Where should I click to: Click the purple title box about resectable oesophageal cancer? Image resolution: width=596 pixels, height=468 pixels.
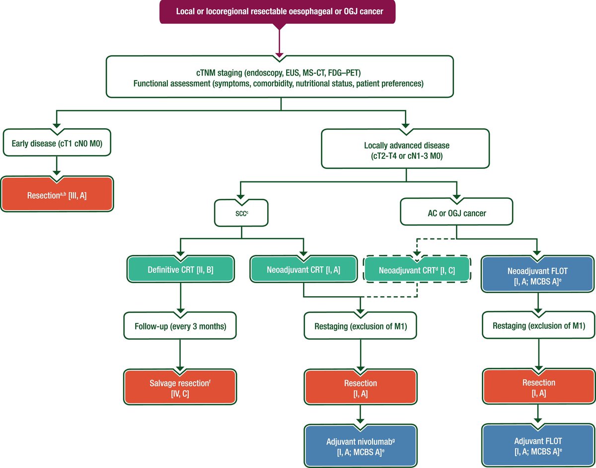coord(277,11)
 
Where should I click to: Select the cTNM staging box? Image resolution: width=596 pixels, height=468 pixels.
coord(280,77)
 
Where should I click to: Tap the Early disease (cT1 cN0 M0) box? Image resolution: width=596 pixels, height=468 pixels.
coord(57,143)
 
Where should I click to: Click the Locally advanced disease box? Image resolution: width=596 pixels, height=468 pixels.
coord(405,149)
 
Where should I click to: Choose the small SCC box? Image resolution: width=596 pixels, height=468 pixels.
coord(241,213)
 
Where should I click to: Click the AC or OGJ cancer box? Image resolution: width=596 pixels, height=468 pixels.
coord(456,212)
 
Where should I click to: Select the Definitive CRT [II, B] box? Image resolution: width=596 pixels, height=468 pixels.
coord(180,269)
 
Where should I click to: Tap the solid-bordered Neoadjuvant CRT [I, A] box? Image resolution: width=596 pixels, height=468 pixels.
coord(303,269)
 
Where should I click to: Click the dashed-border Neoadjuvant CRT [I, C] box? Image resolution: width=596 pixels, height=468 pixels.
coord(417,269)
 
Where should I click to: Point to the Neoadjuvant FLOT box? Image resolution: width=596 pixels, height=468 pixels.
coord(537,274)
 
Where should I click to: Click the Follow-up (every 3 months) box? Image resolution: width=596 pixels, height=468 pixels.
coord(180,325)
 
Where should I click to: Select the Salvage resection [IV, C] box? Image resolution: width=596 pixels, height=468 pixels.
coord(180,387)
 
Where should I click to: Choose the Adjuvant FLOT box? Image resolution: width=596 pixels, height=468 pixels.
coord(538,445)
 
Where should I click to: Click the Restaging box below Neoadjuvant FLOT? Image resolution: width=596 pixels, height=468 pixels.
coord(538,325)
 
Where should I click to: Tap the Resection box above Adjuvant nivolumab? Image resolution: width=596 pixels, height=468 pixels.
coord(361,387)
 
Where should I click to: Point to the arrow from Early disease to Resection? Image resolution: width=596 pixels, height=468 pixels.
coord(57,166)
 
